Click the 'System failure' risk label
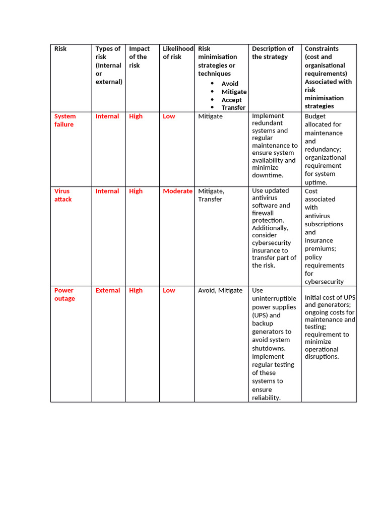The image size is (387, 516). point(65,120)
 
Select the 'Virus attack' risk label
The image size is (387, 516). point(63,195)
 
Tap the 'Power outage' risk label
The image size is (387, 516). point(64,294)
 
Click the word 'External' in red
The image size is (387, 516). point(108,290)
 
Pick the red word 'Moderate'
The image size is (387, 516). point(177,191)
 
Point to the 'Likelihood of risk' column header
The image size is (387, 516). point(177,53)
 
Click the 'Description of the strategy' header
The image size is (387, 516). point(273,53)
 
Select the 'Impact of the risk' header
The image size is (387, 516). point(139,57)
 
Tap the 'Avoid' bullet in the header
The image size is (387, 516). point(230,84)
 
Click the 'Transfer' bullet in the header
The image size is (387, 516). point(233,108)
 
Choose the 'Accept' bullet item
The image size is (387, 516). point(231,100)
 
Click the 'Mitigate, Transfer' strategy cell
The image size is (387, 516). point(211,195)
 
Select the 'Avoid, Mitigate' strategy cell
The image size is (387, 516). point(220,290)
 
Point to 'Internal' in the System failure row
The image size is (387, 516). point(107,116)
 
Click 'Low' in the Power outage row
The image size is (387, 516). point(169,290)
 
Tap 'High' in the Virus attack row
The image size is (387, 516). point(136,191)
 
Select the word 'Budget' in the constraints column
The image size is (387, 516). point(315,116)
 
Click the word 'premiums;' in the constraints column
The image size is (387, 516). point(320,249)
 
